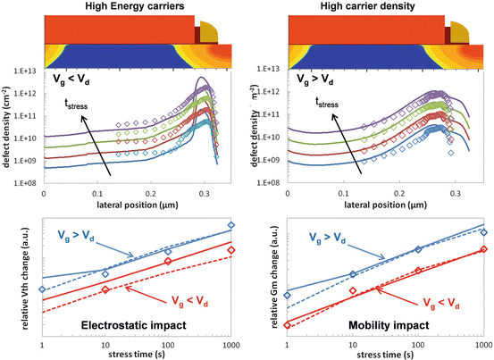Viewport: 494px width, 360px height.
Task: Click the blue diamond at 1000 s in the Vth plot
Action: click(x=230, y=225)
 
